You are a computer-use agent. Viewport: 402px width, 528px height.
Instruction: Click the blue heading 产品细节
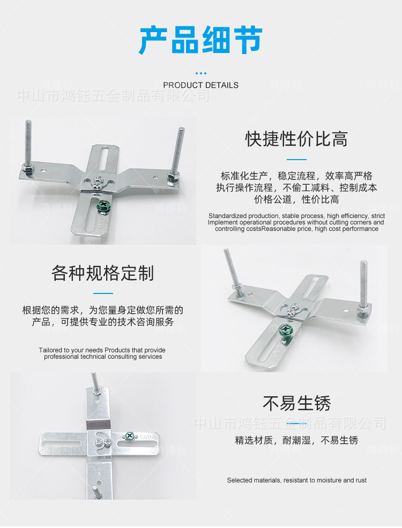pos(200,41)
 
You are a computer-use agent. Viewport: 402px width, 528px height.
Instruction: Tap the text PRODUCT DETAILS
pos(200,85)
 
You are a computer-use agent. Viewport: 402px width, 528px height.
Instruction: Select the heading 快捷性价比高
pos(296,139)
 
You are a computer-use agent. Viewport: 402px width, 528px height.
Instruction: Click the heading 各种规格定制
pos(103,273)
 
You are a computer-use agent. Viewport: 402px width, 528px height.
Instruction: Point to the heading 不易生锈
pos(296,403)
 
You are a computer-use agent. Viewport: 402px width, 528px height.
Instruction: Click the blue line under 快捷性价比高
pos(296,159)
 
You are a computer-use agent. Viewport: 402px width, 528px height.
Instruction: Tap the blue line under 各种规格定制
pos(103,293)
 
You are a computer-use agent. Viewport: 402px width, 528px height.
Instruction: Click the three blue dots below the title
pos(200,73)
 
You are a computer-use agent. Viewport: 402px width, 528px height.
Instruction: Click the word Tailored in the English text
pos(52,350)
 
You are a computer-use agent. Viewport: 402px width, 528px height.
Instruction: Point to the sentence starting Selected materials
pos(296,480)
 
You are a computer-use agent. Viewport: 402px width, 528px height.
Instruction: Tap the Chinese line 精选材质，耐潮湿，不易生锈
pos(296,441)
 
